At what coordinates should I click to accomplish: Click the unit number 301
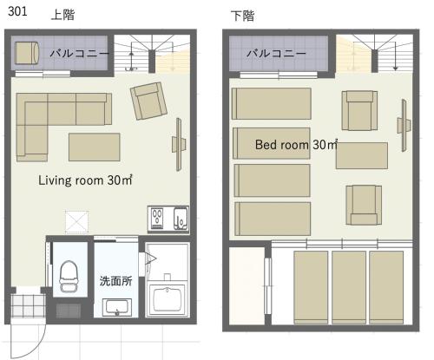(x=17, y=11)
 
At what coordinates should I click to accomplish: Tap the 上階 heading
(x=62, y=15)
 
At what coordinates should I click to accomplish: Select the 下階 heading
(x=242, y=16)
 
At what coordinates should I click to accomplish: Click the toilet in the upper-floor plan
(x=69, y=276)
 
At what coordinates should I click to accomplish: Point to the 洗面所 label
(x=115, y=281)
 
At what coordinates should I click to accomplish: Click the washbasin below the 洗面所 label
(x=117, y=307)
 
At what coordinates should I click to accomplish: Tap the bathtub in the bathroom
(x=167, y=299)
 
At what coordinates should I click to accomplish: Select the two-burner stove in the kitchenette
(x=157, y=219)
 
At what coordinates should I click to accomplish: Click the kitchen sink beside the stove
(x=181, y=219)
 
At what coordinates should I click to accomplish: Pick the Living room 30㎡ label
(x=85, y=180)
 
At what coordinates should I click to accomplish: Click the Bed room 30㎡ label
(x=296, y=144)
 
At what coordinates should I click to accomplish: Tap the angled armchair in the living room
(x=148, y=101)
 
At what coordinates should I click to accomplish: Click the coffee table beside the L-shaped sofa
(x=95, y=147)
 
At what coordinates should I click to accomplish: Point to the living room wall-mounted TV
(x=179, y=144)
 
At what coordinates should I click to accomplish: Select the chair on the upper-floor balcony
(x=27, y=53)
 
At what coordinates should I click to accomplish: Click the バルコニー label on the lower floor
(x=276, y=53)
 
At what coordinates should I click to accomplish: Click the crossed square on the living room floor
(x=76, y=222)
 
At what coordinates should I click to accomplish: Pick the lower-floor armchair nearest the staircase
(x=359, y=110)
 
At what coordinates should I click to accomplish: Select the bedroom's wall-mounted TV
(x=404, y=125)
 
